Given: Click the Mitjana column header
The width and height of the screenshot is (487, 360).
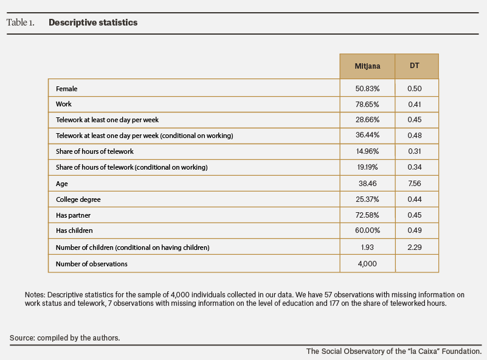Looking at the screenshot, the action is pyautogui.click(x=367, y=66).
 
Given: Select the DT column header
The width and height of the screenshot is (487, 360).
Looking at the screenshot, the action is pyautogui.click(x=414, y=66).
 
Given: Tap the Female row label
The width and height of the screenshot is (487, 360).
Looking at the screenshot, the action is pyautogui.click(x=66, y=89).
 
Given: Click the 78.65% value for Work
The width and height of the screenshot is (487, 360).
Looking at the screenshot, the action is pyautogui.click(x=367, y=105).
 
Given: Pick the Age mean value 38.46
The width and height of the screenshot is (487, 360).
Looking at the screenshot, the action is pyautogui.click(x=367, y=184).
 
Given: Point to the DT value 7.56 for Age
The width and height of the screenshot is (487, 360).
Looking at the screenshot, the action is pyautogui.click(x=414, y=184).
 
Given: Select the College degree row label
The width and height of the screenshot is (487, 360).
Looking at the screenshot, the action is pyautogui.click(x=78, y=199).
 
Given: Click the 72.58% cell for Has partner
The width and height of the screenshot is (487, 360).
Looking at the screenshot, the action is pyautogui.click(x=367, y=215).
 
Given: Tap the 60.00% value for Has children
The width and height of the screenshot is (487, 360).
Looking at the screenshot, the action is pyautogui.click(x=367, y=230).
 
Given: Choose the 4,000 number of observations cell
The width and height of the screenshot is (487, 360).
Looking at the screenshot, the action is pyautogui.click(x=367, y=264).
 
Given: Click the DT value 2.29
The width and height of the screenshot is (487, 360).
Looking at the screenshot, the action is pyautogui.click(x=414, y=247).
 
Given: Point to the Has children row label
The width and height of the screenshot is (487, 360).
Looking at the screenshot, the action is pyautogui.click(x=74, y=230).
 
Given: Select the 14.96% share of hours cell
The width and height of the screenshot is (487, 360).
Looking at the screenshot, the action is pyautogui.click(x=367, y=151).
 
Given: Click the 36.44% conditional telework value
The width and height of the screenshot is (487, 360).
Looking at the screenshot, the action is pyautogui.click(x=367, y=135).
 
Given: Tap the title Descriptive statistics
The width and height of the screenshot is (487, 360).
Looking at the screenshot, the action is pyautogui.click(x=93, y=22).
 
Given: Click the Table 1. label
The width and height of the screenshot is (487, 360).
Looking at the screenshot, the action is pyautogui.click(x=21, y=22).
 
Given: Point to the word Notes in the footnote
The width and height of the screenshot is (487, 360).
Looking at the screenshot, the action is pyautogui.click(x=35, y=295).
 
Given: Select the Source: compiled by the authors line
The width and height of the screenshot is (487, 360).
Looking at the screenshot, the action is pyautogui.click(x=64, y=338).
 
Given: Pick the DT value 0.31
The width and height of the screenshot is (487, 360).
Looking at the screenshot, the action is pyautogui.click(x=414, y=151).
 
